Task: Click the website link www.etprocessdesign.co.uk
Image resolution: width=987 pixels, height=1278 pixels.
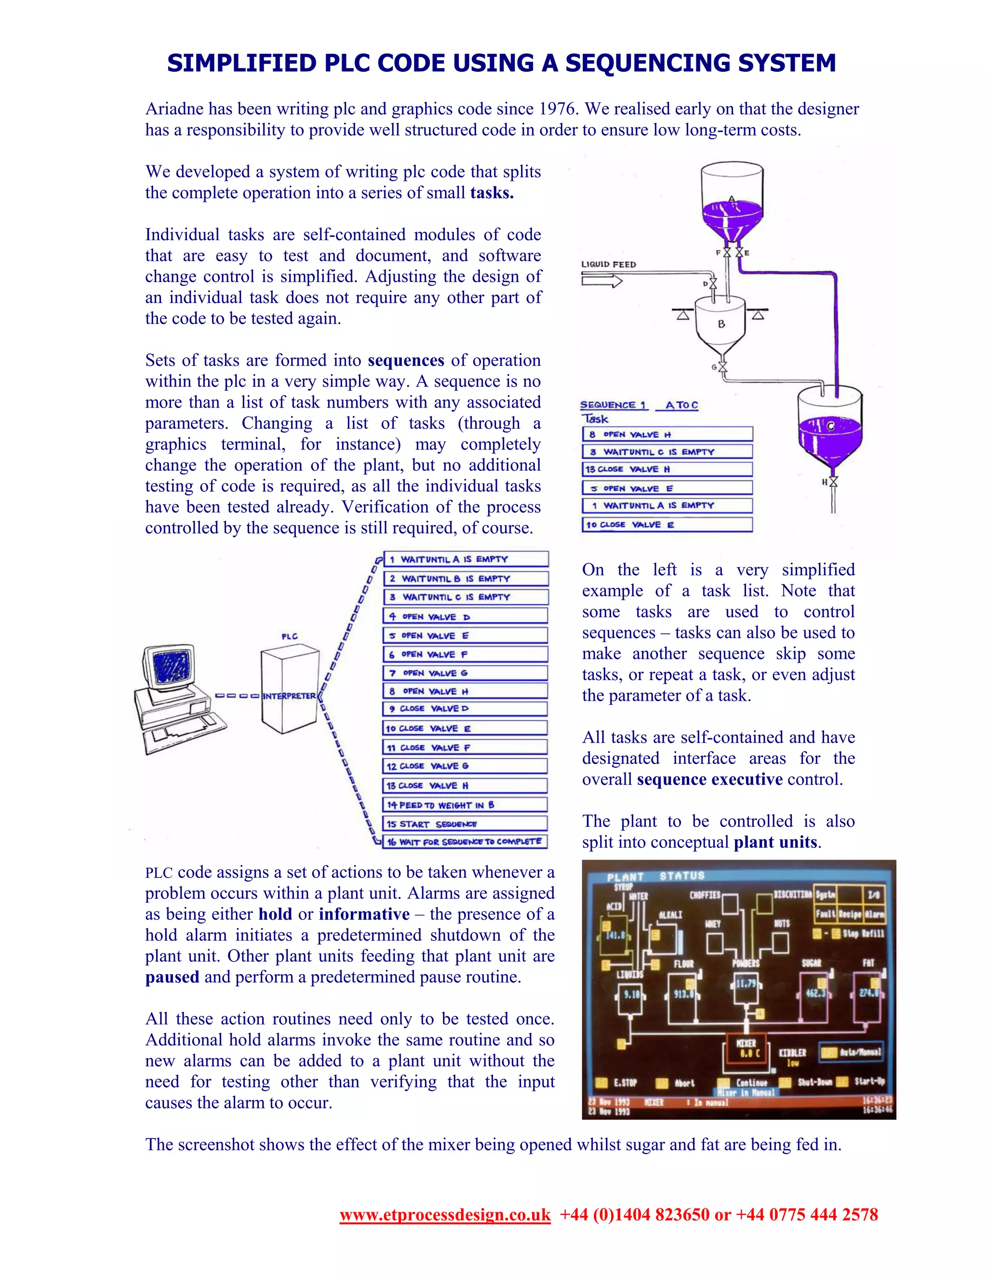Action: pos(445,1215)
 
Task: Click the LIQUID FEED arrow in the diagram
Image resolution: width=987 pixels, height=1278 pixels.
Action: pos(601,282)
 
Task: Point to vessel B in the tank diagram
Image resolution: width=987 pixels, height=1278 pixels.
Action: pos(720,325)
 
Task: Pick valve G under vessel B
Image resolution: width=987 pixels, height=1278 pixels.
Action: pos(723,367)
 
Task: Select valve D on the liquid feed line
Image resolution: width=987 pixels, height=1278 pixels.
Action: pos(713,284)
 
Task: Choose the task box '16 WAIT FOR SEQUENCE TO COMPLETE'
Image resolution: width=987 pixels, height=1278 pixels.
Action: pos(466,842)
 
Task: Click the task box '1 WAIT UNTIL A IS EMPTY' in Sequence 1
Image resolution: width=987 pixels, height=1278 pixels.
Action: pos(667,505)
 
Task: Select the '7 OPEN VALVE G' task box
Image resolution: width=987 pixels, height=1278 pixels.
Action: pos(466,673)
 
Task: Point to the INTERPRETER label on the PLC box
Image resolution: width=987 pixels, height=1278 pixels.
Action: pos(289,696)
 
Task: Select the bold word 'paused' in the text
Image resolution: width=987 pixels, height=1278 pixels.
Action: pos(172,977)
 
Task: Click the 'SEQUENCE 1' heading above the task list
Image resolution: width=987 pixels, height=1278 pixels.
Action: pos(613,405)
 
